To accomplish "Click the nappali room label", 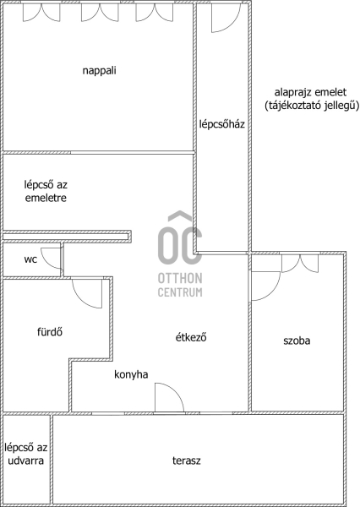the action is click(x=100, y=70).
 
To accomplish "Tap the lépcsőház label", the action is click(x=222, y=124).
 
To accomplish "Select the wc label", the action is click(x=30, y=259).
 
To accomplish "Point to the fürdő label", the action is click(x=50, y=332).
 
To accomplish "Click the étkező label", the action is click(x=191, y=337).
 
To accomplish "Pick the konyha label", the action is click(x=131, y=374).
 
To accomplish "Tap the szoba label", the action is click(x=297, y=341).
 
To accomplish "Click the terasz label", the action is click(x=186, y=461).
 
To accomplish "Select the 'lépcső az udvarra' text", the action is click(x=26, y=454).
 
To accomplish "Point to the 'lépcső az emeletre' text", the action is click(x=46, y=191).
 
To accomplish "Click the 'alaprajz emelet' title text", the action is click(x=310, y=92).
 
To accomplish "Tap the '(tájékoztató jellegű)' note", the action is click(x=312, y=106).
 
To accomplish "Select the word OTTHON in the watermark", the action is click(x=180, y=278).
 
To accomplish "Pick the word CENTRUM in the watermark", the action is click(x=180, y=292).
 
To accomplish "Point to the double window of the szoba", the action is click(x=300, y=264).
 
